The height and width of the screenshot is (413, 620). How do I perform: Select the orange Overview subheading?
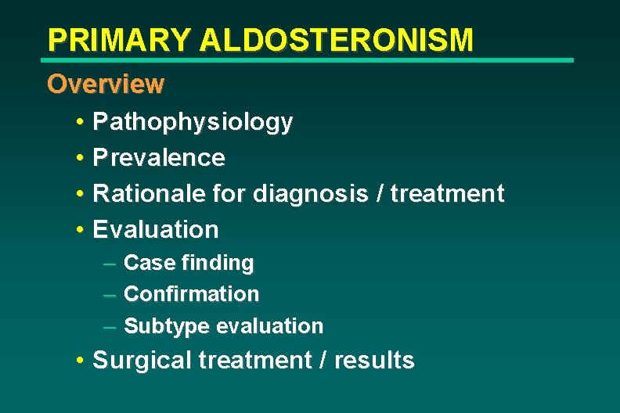[106, 84]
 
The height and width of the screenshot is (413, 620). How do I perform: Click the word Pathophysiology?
[193, 122]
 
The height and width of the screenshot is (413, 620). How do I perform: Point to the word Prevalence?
[159, 158]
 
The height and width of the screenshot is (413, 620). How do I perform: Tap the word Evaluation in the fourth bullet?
[156, 229]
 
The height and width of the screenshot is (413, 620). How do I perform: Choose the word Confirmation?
[191, 294]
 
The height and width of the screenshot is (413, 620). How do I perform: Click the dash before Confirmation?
[110, 295]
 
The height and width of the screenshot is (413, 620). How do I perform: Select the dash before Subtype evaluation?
[110, 326]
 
